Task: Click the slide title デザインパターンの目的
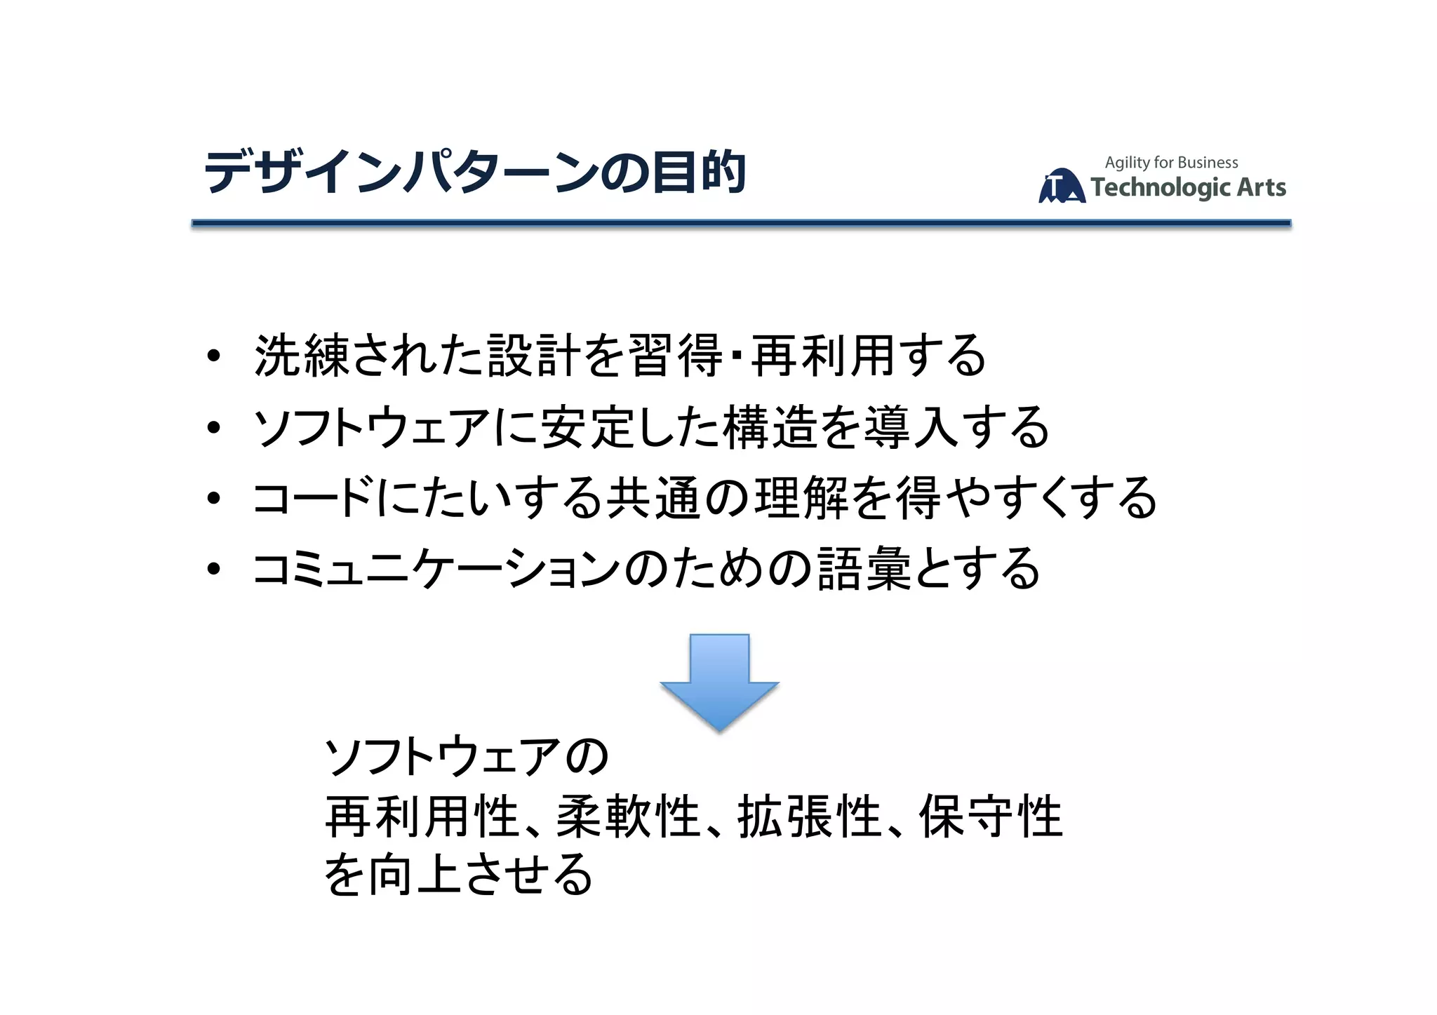(x=474, y=172)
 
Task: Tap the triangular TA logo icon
(x=1061, y=187)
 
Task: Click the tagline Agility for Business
(x=1171, y=163)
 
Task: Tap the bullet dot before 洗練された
(x=214, y=356)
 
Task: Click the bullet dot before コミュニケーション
(x=214, y=569)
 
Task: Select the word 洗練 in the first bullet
(x=302, y=356)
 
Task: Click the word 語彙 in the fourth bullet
(x=864, y=569)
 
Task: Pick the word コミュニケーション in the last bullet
(x=436, y=569)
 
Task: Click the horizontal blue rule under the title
(x=741, y=223)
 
